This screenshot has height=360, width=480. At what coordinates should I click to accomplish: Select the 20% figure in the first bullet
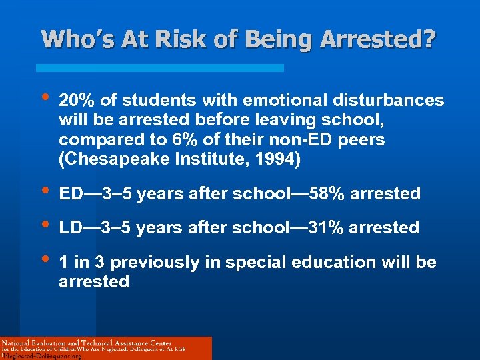click(x=75, y=100)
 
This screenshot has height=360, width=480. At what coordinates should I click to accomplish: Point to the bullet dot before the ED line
click(x=44, y=193)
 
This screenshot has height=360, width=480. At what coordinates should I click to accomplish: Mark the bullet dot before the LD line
click(x=44, y=227)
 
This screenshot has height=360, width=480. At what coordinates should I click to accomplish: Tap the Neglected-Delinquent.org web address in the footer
click(x=41, y=356)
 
